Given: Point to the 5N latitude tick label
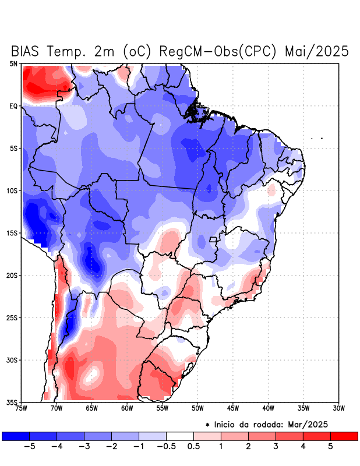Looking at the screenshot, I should click(13, 63).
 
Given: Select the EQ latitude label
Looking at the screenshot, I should click(13, 106).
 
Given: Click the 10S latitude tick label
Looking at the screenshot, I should click(12, 190).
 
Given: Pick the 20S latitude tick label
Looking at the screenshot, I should click(12, 275).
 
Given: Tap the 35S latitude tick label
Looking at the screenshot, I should click(12, 402).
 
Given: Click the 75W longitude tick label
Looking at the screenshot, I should click(22, 408).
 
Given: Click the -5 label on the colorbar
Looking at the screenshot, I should click(29, 446).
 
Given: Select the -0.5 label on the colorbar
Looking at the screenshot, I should click(165, 446).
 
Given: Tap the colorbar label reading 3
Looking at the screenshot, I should click(276, 446).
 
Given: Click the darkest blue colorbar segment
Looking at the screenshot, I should click(16, 436).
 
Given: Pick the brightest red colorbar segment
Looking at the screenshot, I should click(344, 436).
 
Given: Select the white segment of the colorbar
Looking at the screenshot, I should click(180, 436).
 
